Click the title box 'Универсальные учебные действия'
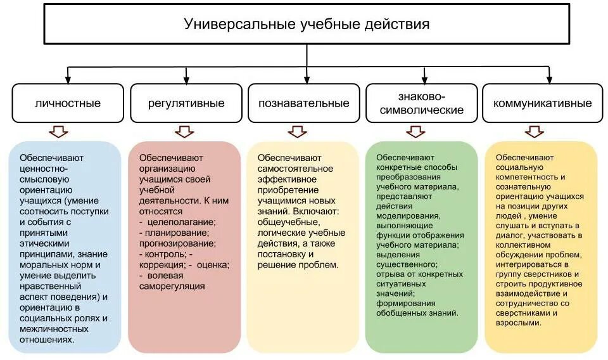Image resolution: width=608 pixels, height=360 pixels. pyautogui.click(x=307, y=25)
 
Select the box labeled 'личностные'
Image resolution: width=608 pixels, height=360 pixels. pyautogui.click(x=67, y=103)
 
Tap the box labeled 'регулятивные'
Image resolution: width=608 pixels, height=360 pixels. pyautogui.click(x=186, y=103)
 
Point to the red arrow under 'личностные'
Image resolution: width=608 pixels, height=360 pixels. pyautogui.click(x=58, y=132)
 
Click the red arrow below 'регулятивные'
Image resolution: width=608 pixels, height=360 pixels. pyautogui.click(x=185, y=132)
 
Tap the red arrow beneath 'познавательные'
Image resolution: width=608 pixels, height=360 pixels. pyautogui.click(x=297, y=132)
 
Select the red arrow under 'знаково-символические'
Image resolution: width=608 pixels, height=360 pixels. pyautogui.click(x=415, y=132)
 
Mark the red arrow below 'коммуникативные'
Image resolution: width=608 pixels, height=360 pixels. pyautogui.click(x=534, y=132)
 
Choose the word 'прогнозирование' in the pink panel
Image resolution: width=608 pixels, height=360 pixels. pyautogui.click(x=174, y=243)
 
